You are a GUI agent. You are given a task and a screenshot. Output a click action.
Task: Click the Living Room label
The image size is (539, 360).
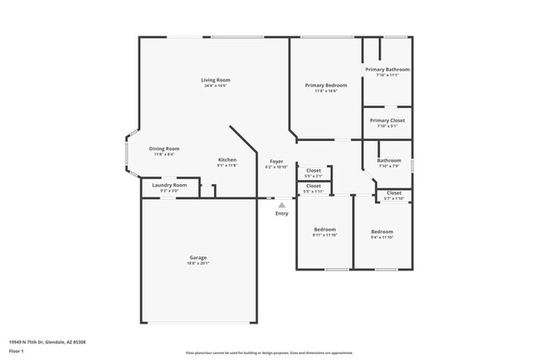pos(214,80)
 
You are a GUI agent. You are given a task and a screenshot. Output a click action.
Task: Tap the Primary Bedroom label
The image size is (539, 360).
pos(326,85)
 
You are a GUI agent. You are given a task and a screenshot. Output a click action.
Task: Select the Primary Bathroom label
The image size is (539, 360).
pos(387,70)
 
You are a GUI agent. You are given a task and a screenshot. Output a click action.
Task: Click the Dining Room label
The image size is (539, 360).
pos(164,148)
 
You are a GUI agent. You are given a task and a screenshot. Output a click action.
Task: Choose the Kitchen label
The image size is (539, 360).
pos(227,159)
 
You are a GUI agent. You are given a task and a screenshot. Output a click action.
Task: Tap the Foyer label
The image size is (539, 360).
pos(276,161)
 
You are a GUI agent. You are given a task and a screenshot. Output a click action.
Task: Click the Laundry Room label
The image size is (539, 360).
pos(168,185)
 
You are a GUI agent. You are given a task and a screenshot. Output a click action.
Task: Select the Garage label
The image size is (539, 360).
pos(198,257)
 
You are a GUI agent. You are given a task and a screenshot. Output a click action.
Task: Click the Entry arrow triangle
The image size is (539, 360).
pos(281,205)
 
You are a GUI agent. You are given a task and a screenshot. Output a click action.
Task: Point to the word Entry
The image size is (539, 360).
pos(282,214)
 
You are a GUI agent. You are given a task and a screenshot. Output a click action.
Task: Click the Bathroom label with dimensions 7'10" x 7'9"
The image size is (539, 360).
pos(389,160)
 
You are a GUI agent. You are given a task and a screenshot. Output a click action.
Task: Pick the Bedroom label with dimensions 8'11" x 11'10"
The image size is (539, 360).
pos(324,230)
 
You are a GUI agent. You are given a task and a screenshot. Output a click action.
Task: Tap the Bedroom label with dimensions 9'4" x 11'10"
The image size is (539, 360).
pos(381,231)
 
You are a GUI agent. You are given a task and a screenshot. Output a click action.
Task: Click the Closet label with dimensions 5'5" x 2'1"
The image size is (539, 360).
pos(313,170)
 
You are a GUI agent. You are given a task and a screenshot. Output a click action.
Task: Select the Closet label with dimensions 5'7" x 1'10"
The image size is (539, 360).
pos(394,192)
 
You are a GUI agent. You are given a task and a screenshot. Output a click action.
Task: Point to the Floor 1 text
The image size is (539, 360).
pos(16,352)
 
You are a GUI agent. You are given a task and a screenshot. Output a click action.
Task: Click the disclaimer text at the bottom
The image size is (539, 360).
pos(269,352)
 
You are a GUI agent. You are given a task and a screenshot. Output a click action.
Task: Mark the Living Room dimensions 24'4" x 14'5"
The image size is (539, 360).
pos(215,85)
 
